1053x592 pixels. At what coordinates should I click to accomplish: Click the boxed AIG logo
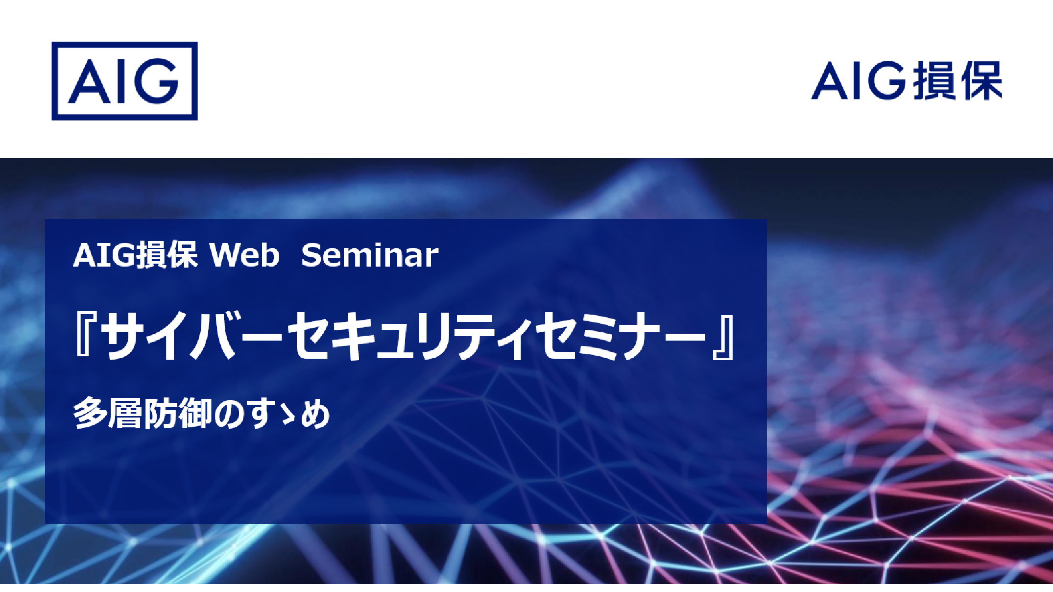click(124, 81)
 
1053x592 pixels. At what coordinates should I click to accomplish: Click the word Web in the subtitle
click(244, 255)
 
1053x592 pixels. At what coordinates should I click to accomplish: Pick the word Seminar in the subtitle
click(370, 255)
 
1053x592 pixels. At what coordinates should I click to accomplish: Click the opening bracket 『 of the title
click(86, 336)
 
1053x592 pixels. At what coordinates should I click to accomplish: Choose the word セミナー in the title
click(620, 336)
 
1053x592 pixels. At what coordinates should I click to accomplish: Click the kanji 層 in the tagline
click(125, 413)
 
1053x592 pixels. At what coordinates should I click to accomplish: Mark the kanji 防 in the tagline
click(160, 413)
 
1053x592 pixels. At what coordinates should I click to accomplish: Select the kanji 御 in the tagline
click(195, 413)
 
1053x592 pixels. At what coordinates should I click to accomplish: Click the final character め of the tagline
click(315, 414)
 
